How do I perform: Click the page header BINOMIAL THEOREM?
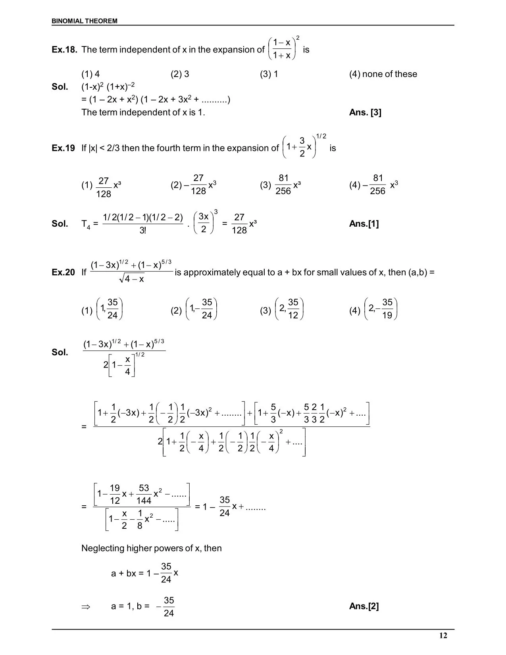click(x=85, y=21)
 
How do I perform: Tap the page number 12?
click(x=443, y=636)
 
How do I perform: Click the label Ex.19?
click(x=63, y=148)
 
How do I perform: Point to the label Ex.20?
click(x=63, y=272)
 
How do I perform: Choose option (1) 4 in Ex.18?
click(x=90, y=74)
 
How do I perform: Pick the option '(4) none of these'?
click(x=383, y=74)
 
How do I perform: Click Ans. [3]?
click(x=365, y=112)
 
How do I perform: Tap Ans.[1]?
click(x=364, y=224)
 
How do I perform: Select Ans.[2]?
click(x=364, y=606)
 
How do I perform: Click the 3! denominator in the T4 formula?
click(x=143, y=231)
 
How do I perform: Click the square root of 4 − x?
click(x=132, y=279)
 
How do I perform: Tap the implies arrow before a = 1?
click(x=86, y=607)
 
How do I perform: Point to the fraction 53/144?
click(x=144, y=494)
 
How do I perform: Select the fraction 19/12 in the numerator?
click(x=115, y=494)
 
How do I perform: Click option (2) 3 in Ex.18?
click(x=180, y=74)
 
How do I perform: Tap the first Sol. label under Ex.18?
click(x=60, y=87)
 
